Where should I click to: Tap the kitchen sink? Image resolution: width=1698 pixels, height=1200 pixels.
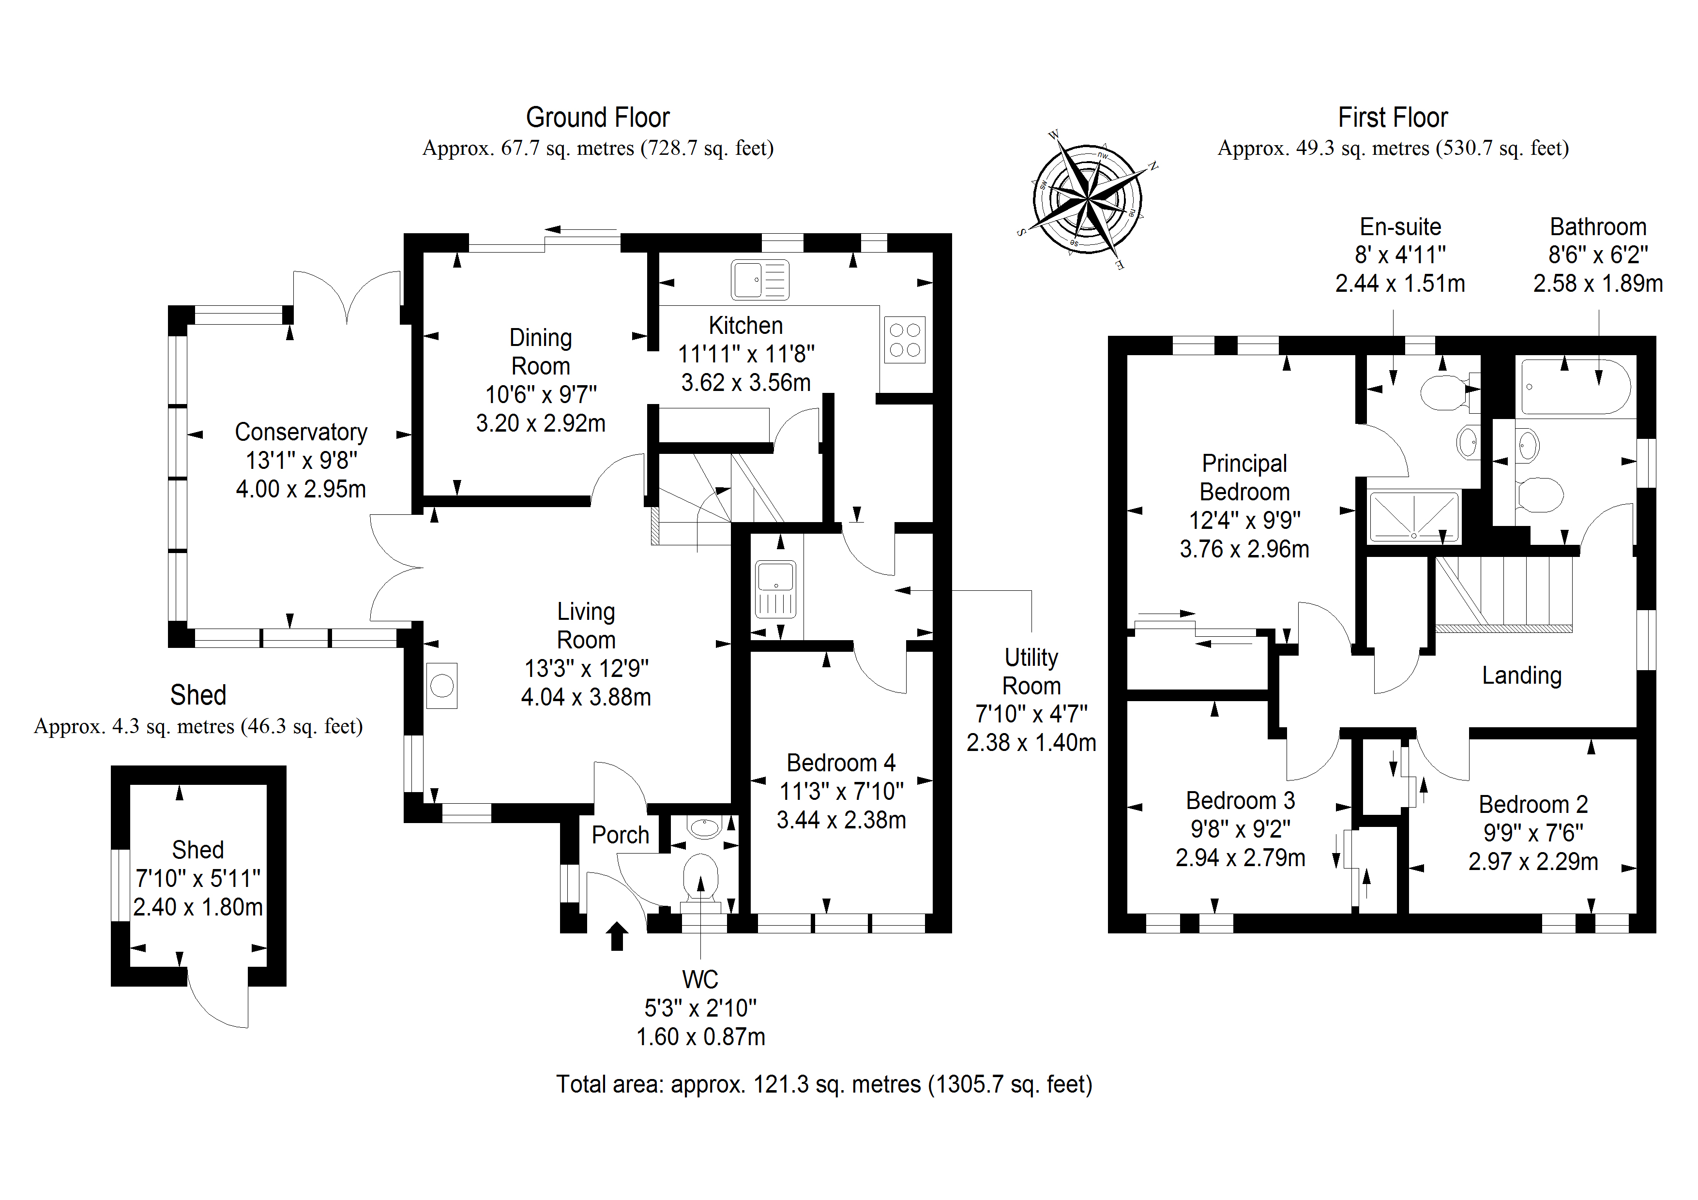coord(759,280)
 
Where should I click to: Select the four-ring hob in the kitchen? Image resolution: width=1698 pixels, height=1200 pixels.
coord(905,340)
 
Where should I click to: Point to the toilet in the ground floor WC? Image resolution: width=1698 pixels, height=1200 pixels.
coord(700,878)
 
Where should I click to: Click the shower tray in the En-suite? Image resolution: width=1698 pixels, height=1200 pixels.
coord(1413,515)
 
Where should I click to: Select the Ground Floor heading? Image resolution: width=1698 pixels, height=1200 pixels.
coord(598,118)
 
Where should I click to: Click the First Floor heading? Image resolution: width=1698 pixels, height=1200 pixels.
coord(1393,118)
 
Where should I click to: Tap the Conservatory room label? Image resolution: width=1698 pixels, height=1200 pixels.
coord(301,432)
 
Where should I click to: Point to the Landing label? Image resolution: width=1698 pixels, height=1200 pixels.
coord(1521,675)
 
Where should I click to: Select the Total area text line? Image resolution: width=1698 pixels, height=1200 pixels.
coord(824,1084)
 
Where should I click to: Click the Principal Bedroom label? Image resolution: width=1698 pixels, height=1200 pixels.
coord(1244,478)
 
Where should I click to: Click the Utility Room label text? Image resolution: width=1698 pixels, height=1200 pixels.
coord(1031,671)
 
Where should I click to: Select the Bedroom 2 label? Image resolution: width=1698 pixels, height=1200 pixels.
coord(1533,805)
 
